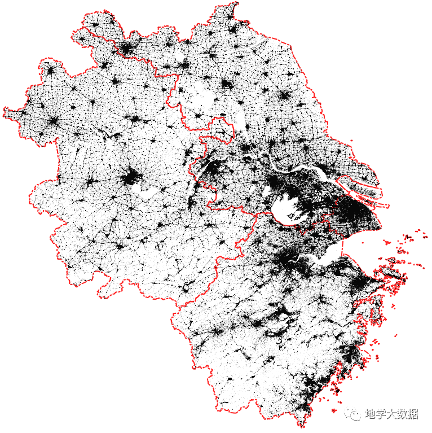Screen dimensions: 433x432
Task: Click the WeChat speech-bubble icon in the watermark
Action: (354, 415)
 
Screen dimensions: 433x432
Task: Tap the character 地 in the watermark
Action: (372, 415)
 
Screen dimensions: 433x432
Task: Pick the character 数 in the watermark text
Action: (407, 415)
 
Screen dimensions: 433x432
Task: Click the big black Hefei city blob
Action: (132, 177)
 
